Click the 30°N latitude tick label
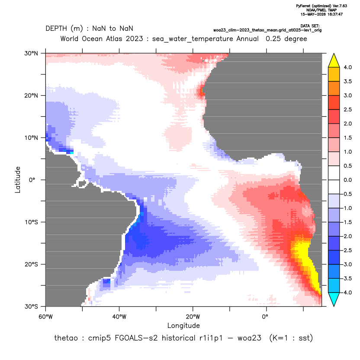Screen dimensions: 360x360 tap(31, 53)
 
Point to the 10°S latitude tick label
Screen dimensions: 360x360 tap(31, 222)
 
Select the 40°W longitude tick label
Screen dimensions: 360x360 tap(119, 317)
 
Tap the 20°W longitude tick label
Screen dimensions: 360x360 tap(193, 317)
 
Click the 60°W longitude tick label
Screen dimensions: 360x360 tap(46, 317)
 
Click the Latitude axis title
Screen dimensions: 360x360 tap(18, 180)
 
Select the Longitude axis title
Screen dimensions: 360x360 tap(183, 325)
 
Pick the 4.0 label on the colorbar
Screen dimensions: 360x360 tap(347, 67)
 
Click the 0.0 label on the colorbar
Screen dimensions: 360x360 tap(347, 180)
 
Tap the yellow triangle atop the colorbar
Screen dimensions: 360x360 tap(334, 60)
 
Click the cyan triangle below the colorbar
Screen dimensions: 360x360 tap(334, 299)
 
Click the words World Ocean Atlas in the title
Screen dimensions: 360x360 tap(102, 39)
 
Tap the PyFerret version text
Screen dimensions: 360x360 tap(321, 6)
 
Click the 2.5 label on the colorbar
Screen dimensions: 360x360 tap(347, 109)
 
